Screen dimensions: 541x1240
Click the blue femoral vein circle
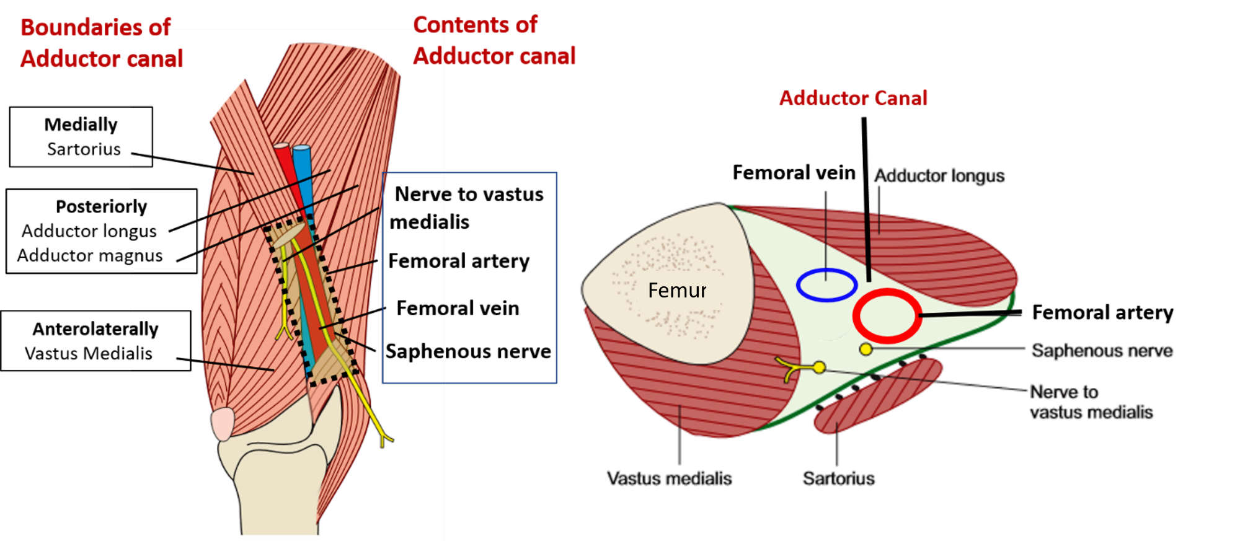tap(826, 285)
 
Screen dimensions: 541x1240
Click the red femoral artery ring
tap(887, 316)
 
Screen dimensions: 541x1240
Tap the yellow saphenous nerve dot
tap(866, 350)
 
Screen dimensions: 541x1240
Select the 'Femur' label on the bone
tap(677, 290)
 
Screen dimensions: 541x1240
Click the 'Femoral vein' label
tap(794, 172)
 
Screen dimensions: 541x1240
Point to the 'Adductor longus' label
tap(939, 176)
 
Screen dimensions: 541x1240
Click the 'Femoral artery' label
tap(1102, 312)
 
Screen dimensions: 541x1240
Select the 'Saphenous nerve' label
tap(1102, 351)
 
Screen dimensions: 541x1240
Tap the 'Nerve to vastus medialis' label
tap(1091, 402)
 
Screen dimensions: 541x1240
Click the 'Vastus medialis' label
tap(669, 478)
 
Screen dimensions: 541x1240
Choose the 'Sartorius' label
tap(838, 478)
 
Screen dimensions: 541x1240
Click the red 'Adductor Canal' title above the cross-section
tap(853, 97)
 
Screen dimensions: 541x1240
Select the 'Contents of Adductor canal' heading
tap(494, 40)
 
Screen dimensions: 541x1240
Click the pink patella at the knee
tap(223, 424)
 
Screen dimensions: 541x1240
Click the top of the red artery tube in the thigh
tap(281, 148)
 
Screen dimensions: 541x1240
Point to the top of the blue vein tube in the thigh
tap(301, 149)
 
